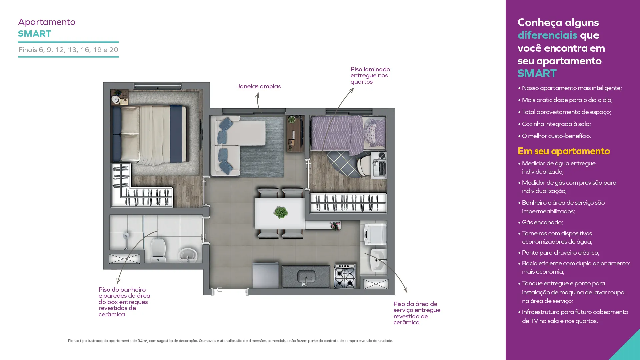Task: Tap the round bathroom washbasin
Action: [x=188, y=255]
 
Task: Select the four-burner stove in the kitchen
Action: [x=345, y=276]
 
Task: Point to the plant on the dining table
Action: [x=281, y=212]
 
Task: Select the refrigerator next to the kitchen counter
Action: [x=265, y=275]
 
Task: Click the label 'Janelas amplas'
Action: [x=259, y=86]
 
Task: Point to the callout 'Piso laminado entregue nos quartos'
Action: [x=370, y=75]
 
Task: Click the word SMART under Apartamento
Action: [x=35, y=34]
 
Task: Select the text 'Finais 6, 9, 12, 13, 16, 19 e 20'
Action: [x=68, y=50]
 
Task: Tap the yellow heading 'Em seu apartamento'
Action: [x=564, y=151]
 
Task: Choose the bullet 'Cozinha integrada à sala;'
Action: [x=554, y=124]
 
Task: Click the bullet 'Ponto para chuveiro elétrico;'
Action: [x=559, y=253]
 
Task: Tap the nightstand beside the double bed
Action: [x=119, y=97]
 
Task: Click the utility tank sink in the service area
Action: [x=379, y=260]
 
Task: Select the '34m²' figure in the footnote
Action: [x=142, y=341]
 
